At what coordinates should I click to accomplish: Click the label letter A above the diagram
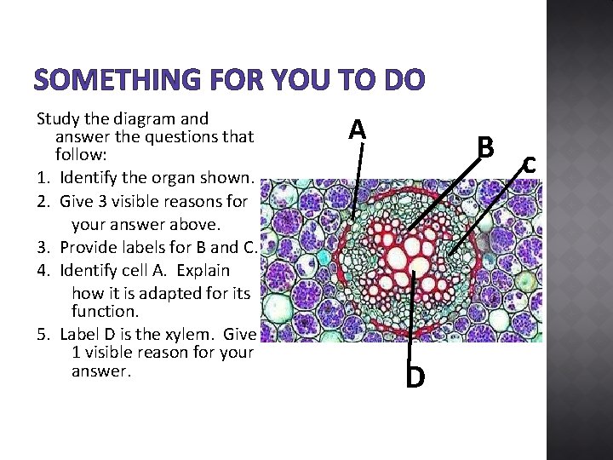(x=358, y=129)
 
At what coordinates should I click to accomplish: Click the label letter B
(x=485, y=147)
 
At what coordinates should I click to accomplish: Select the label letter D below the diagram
(x=415, y=376)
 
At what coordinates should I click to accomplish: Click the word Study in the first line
(x=58, y=118)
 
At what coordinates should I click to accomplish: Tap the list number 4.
(x=43, y=271)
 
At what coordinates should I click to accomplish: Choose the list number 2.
(x=43, y=202)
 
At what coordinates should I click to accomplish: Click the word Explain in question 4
(x=199, y=271)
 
